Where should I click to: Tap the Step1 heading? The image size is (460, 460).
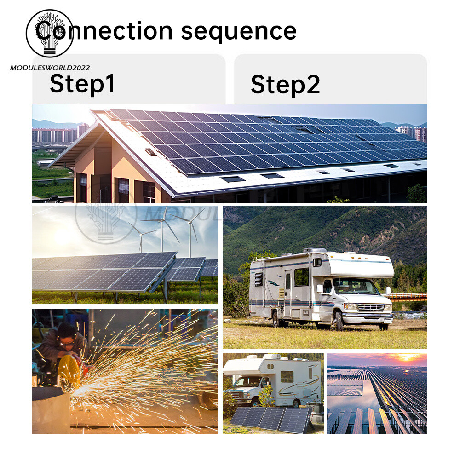click(x=82, y=84)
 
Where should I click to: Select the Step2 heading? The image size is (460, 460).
click(x=285, y=85)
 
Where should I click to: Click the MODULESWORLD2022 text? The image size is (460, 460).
click(x=50, y=68)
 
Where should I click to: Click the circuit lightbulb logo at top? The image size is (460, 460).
click(x=50, y=33)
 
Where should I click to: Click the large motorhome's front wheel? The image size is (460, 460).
click(x=339, y=321)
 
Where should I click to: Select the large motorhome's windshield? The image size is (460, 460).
click(x=356, y=286)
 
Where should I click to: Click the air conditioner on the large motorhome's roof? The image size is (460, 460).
click(x=315, y=250)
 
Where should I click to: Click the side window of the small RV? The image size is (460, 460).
click(x=287, y=376)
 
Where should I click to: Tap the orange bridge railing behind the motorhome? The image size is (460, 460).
click(x=406, y=296)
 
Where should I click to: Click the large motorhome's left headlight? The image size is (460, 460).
click(x=350, y=306)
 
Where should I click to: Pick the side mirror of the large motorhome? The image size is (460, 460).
click(x=320, y=288)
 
